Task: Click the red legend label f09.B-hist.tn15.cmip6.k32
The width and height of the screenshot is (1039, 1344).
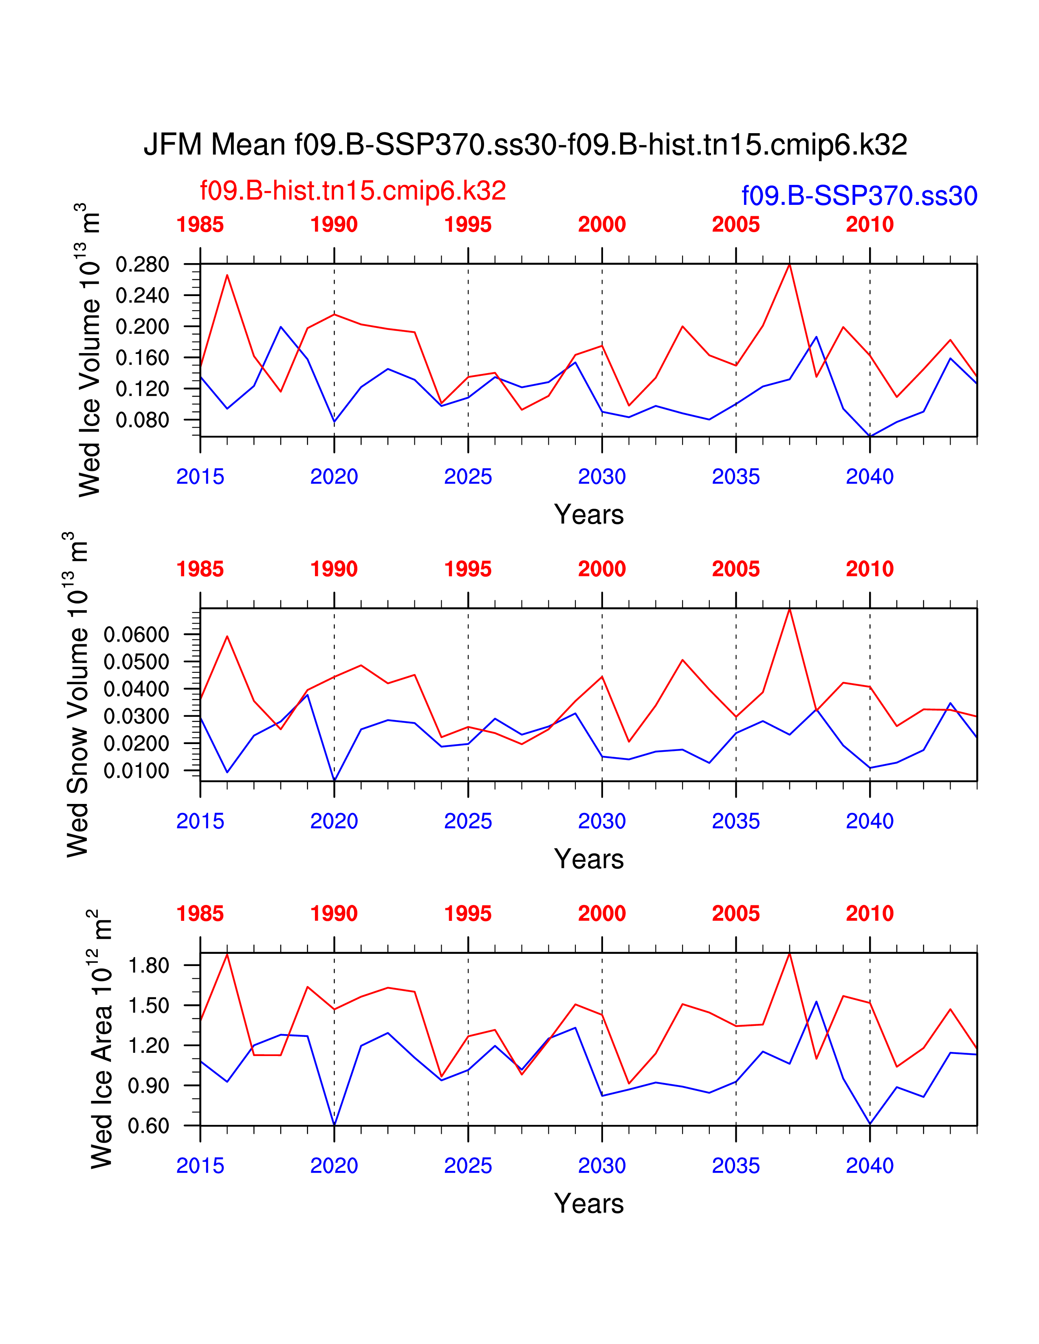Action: click(353, 191)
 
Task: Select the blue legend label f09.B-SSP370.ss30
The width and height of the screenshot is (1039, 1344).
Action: click(859, 195)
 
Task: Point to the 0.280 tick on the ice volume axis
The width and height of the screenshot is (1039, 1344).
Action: click(142, 265)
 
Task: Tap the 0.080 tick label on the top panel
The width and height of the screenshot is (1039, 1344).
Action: click(142, 420)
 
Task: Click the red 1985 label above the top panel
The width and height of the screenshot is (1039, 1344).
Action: click(200, 225)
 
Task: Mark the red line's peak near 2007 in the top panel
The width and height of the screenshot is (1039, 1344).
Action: click(789, 265)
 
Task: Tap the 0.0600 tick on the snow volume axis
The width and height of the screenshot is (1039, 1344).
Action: click(136, 635)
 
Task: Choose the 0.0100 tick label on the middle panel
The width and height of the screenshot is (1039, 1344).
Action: click(136, 771)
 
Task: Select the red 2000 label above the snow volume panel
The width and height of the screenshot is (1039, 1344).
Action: click(601, 569)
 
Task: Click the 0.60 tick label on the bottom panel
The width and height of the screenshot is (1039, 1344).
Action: click(148, 1126)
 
